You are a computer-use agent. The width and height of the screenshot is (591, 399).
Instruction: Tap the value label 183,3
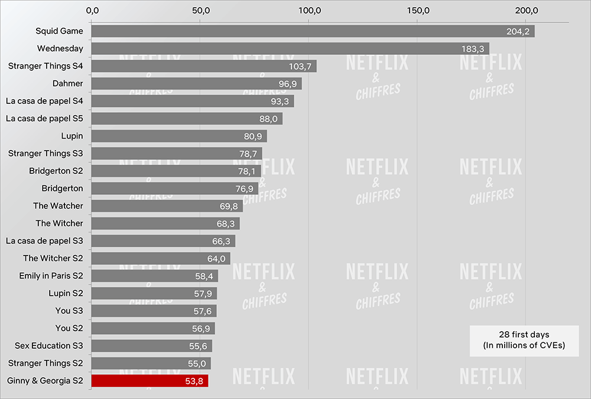tap(473, 49)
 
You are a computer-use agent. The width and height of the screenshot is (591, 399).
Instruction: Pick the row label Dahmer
tap(68, 84)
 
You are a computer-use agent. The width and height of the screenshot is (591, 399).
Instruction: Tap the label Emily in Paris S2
tap(50, 276)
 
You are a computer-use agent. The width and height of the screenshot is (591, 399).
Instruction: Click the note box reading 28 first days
tap(516, 341)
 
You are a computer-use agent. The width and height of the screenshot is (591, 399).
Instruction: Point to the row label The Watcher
tap(58, 206)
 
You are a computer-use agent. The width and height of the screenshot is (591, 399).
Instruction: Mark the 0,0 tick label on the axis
tap(92, 10)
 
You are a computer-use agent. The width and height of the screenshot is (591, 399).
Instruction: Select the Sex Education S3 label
tap(49, 346)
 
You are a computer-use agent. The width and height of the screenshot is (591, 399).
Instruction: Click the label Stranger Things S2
tap(46, 363)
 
